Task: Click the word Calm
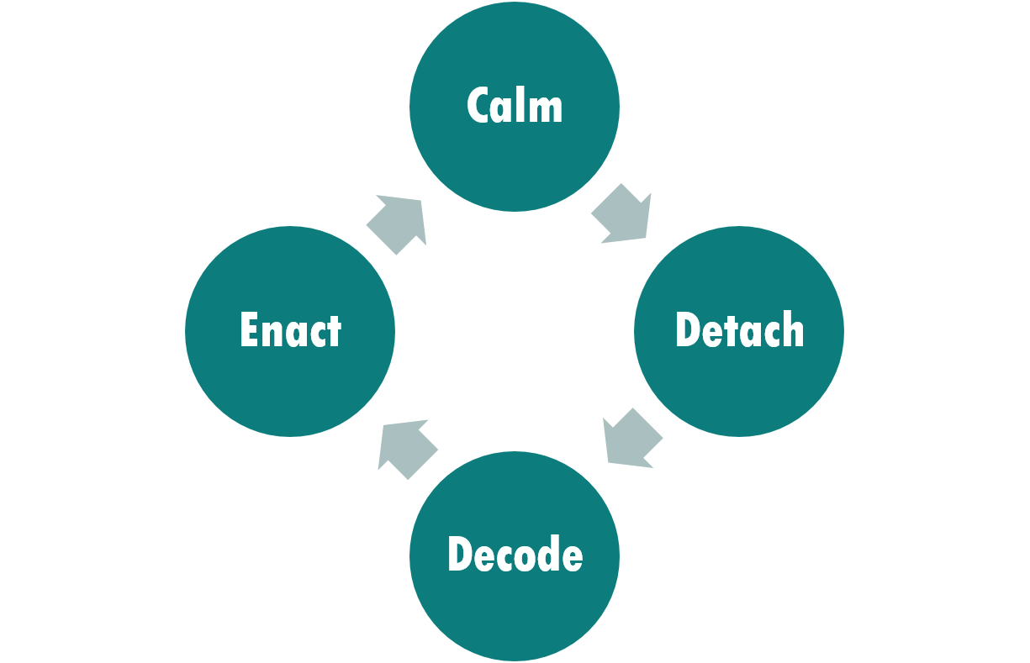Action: coord(514,106)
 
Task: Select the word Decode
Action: coord(515,554)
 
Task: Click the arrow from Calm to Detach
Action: coord(623,215)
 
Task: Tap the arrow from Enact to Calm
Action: coord(398,223)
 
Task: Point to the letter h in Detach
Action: coord(792,329)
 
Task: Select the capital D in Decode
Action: coord(461,554)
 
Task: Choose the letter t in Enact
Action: coord(335,331)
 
